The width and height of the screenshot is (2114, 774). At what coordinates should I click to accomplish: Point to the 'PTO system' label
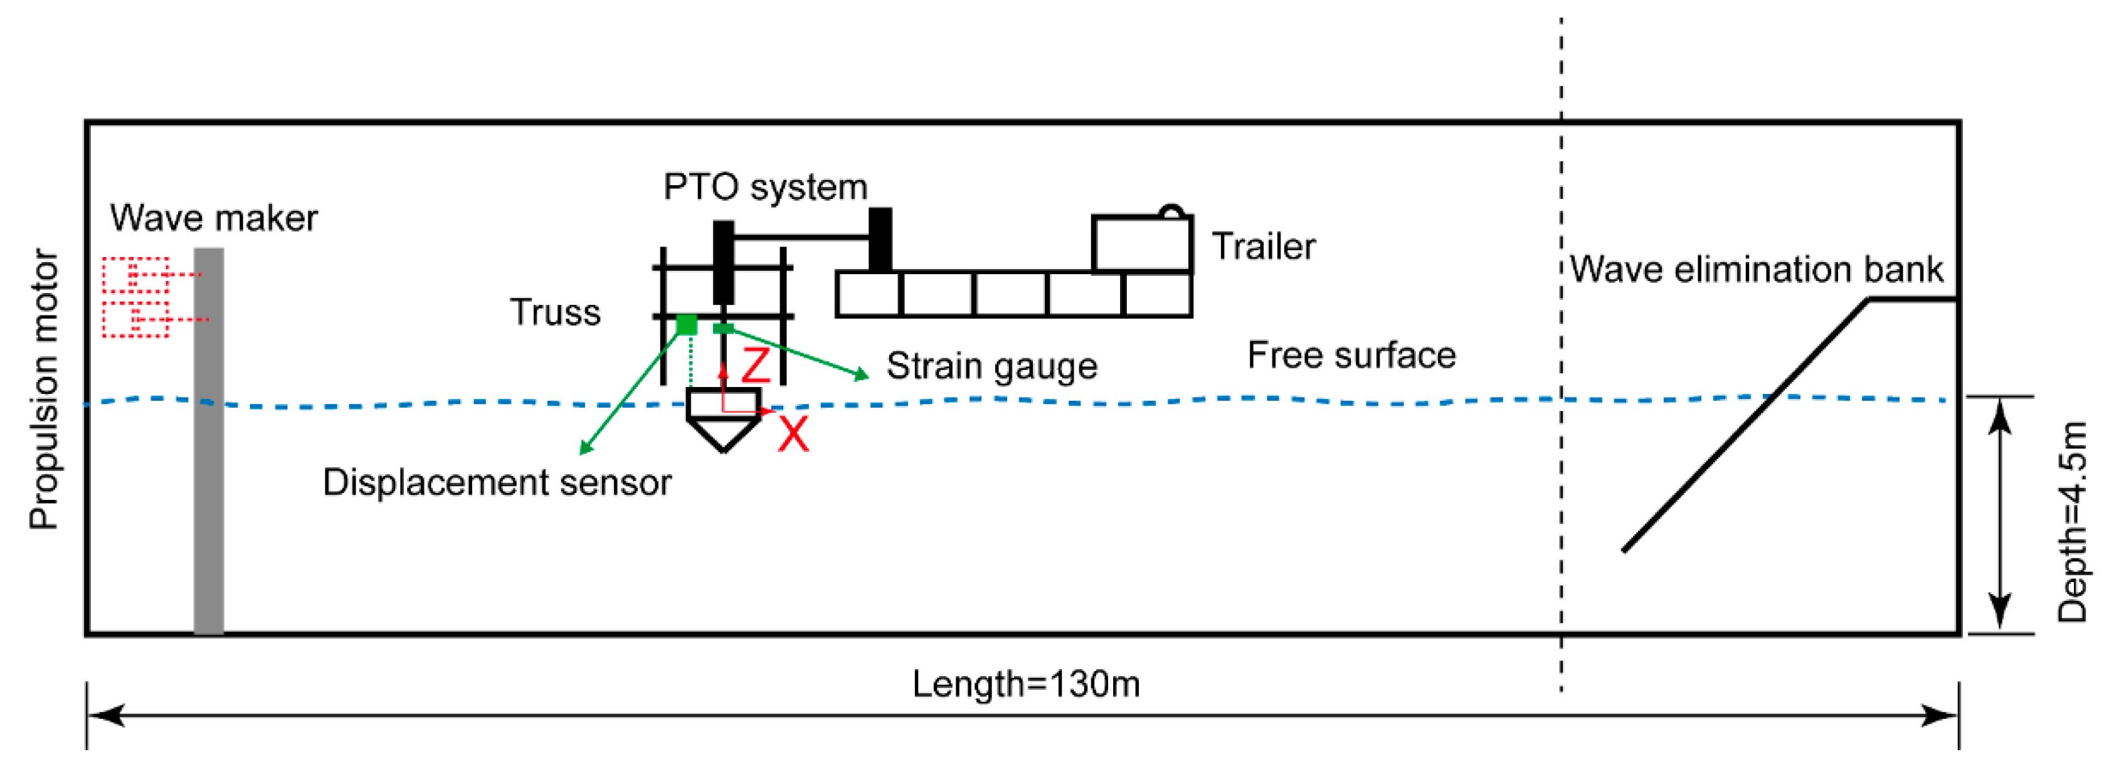pyautogui.click(x=765, y=187)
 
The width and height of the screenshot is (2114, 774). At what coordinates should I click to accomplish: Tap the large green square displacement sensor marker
pyautogui.click(x=687, y=325)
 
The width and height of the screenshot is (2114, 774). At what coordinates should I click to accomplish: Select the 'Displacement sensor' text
pyautogui.click(x=497, y=482)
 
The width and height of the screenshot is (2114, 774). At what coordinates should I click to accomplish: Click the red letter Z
pyautogui.click(x=756, y=365)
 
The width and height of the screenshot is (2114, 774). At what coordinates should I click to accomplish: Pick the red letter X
pyautogui.click(x=793, y=434)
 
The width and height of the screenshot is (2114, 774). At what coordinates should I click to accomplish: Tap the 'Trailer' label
pyautogui.click(x=1263, y=247)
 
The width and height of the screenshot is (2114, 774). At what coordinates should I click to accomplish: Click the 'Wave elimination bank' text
pyautogui.click(x=1756, y=269)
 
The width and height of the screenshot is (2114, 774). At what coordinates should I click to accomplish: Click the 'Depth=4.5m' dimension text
pyautogui.click(x=2072, y=522)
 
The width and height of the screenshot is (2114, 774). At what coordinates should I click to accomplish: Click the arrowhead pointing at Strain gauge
pyautogui.click(x=862, y=375)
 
